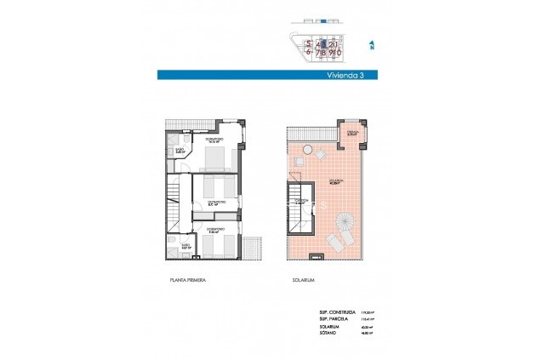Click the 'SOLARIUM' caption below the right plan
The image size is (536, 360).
click(304, 280)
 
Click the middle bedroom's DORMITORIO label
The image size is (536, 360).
click(217, 202)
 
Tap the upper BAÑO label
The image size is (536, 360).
click(180, 151)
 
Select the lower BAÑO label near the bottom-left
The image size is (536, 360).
click(185, 245)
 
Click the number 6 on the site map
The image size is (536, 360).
click(298, 53)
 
